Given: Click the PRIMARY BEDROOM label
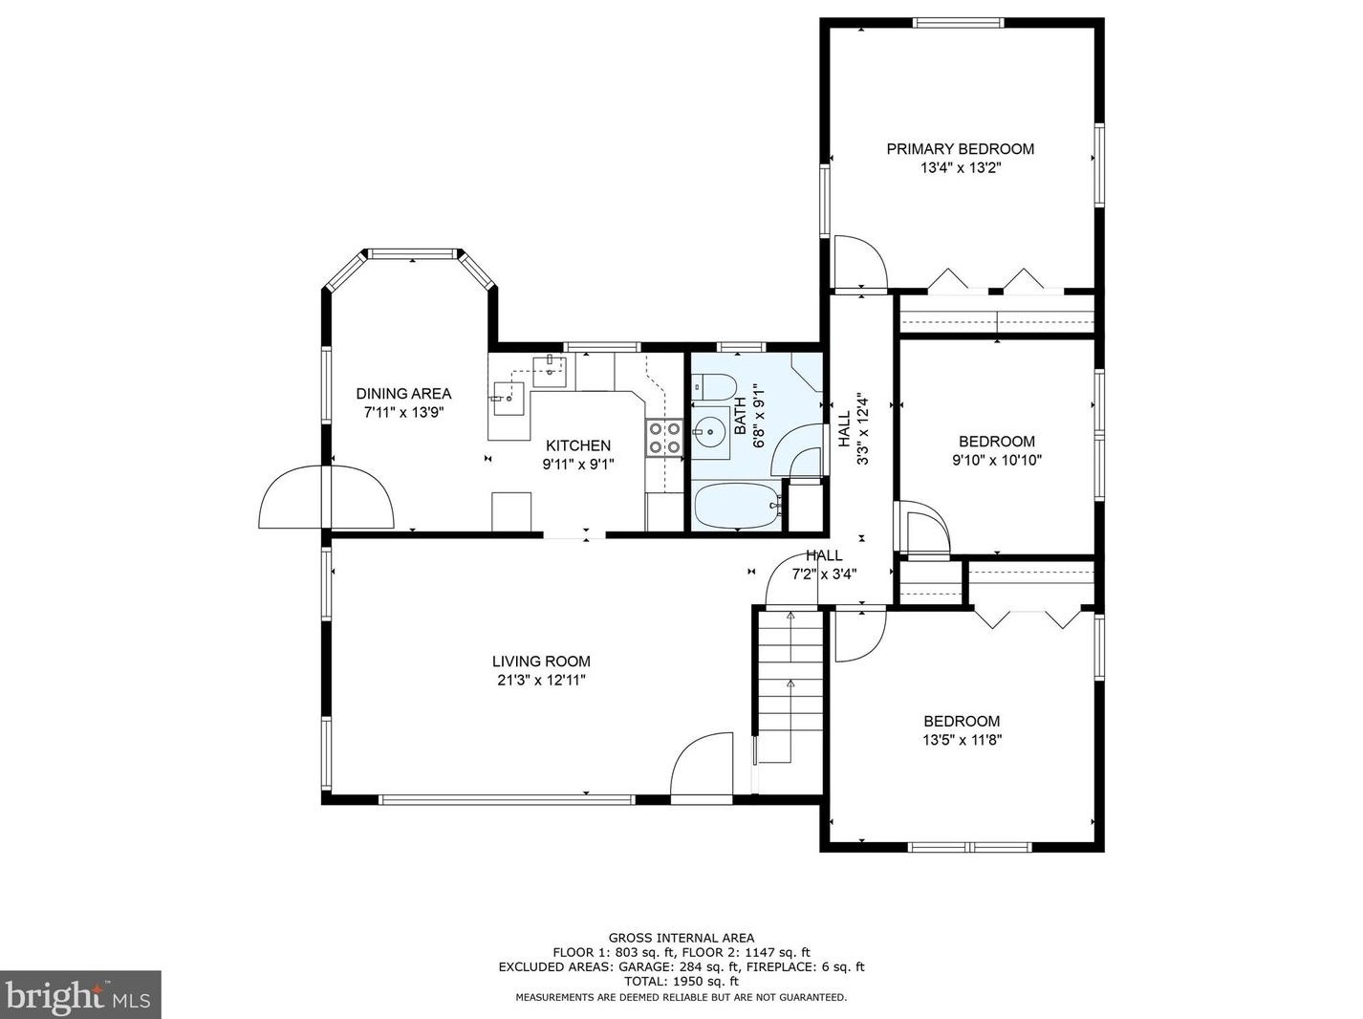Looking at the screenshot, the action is [960, 149].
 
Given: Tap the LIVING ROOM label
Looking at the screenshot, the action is [541, 661].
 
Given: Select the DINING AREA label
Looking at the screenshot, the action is [403, 393].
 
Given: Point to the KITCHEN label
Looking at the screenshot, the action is [578, 445].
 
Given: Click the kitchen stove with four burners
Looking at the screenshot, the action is [664, 438].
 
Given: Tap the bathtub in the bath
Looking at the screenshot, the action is [738, 506].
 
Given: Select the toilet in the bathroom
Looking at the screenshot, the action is [714, 387].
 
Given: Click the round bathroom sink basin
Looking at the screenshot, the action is [711, 431].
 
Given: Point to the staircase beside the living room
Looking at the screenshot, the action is [790, 685].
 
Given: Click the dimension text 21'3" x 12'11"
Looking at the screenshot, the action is [541, 681].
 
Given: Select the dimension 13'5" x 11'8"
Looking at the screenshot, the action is [962, 740].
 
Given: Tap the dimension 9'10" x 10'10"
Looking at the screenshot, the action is [997, 460].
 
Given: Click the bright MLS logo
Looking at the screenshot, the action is [80, 995].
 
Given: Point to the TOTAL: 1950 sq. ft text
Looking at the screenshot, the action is [681, 982].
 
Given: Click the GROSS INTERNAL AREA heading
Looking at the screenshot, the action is [681, 939].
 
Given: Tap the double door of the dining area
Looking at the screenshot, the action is [326, 497].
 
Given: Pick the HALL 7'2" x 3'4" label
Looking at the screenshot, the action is [824, 564].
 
